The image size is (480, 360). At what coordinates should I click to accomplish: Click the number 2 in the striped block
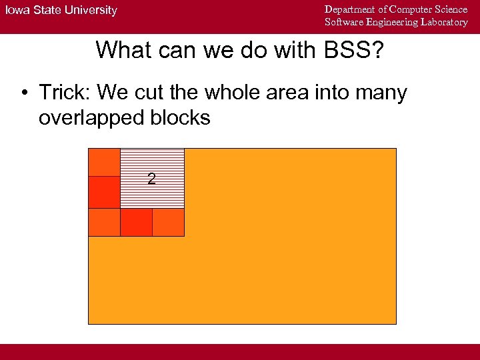(152, 179)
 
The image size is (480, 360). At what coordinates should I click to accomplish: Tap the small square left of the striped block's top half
(104, 162)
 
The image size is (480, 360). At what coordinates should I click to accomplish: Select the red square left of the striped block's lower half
(104, 192)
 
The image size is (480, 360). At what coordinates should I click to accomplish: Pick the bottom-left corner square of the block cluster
(104, 222)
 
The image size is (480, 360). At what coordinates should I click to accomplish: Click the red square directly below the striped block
(136, 222)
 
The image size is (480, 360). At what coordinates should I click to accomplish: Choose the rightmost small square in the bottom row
(168, 222)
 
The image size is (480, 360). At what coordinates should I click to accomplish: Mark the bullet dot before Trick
(24, 93)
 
